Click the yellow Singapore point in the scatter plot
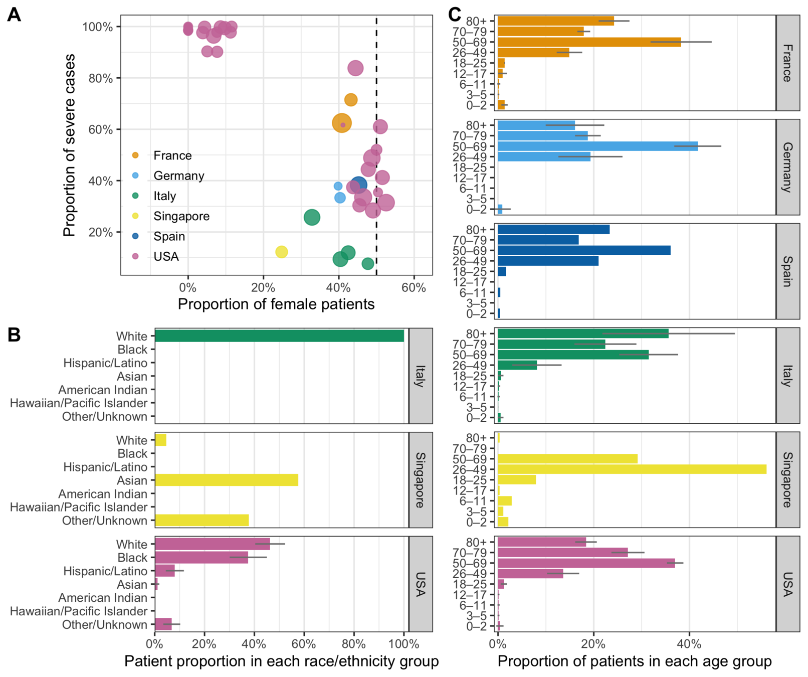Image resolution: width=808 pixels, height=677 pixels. coord(282,252)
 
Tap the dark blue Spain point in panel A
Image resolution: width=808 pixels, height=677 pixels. coord(358,185)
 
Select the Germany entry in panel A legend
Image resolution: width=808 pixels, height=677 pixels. coord(178,176)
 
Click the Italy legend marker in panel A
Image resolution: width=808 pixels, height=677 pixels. coord(135,196)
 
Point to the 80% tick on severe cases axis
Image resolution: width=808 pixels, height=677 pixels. coord(101,78)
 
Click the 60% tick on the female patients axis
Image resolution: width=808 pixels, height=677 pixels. coord(414,288)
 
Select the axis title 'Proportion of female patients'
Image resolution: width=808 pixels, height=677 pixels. coord(276,304)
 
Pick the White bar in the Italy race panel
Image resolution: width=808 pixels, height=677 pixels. coord(279,335)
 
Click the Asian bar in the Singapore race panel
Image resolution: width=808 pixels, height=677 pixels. coord(227,480)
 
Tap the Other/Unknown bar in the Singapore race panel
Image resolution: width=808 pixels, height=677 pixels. coord(202,520)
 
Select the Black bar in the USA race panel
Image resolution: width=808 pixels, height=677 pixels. coord(201,557)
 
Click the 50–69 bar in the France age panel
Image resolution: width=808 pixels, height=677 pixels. coord(589,42)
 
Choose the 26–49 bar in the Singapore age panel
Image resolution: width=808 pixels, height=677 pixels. coord(632,469)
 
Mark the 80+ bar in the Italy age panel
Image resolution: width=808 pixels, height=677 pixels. coord(583,333)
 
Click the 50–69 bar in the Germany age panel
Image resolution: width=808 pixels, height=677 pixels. coord(597,146)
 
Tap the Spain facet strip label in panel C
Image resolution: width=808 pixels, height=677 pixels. coord(787,271)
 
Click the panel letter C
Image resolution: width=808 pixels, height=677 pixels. coord(454,15)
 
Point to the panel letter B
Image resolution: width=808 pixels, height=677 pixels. coord(14,335)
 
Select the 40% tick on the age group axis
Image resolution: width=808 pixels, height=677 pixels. coord(689,643)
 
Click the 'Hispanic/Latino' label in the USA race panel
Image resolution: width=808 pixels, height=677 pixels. coord(105,571)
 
